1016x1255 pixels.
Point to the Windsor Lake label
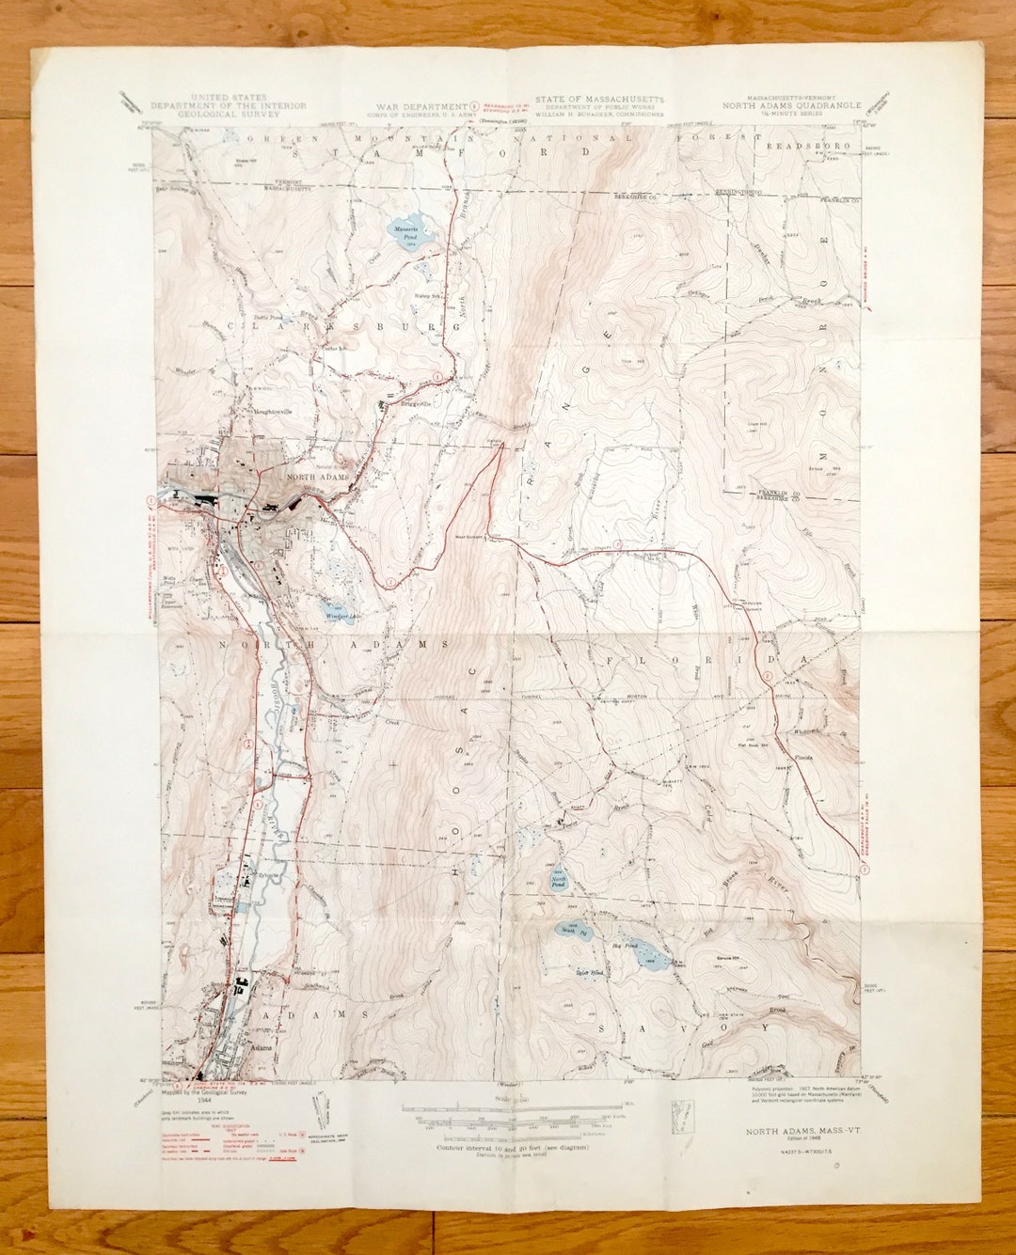[341, 616]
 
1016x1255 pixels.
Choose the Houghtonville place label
[272, 411]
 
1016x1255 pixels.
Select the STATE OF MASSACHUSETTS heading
[599, 99]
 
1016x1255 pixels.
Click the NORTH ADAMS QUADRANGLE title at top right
[791, 106]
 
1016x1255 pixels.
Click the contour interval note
[505, 1149]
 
